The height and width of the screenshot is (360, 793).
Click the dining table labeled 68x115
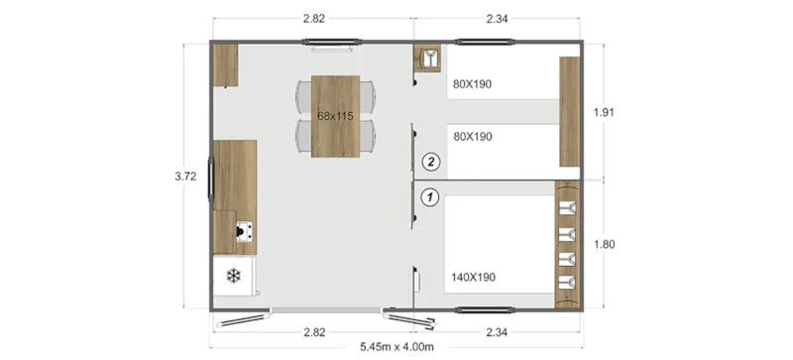(x=336, y=116)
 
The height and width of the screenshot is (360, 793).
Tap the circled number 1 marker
(x=430, y=196)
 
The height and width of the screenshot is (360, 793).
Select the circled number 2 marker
(x=430, y=160)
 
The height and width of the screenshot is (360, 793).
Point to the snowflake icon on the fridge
(x=234, y=275)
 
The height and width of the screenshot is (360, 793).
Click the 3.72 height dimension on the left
(x=184, y=177)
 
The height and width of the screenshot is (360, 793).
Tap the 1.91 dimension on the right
(x=605, y=112)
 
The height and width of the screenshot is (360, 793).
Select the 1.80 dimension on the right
(x=605, y=243)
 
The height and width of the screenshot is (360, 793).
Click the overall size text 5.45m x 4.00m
(x=396, y=346)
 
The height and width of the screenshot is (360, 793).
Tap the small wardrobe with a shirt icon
(x=430, y=59)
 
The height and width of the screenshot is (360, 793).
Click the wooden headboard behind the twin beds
(x=569, y=112)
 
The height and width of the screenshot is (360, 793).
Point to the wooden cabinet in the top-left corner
(x=225, y=65)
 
